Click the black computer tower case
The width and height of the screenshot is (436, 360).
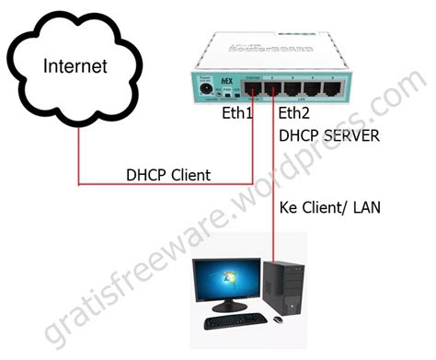pos(283,286)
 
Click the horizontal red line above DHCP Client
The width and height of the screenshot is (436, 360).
pos(166,184)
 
